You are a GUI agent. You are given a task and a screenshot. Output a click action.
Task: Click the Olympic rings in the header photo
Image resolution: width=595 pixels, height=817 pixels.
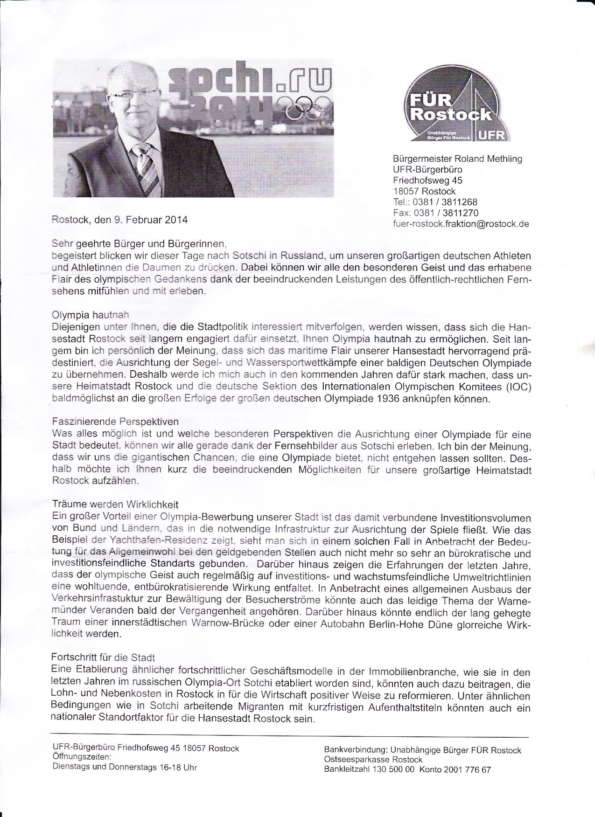click(304, 106)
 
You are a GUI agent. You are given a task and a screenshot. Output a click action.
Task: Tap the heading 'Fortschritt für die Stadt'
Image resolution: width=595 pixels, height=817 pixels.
click(103, 658)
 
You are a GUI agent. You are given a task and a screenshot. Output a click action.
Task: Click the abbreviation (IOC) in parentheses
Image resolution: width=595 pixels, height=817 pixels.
click(514, 388)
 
